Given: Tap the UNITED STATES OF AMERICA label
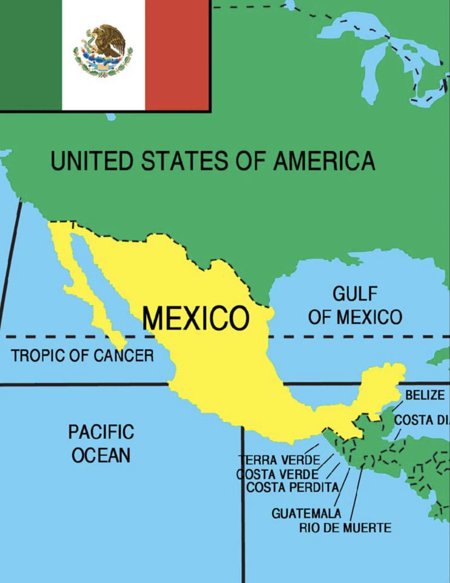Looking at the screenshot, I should pos(213,161).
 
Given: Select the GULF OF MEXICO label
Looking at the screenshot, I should pos(355,306).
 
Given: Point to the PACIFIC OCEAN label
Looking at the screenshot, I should pos(101,444).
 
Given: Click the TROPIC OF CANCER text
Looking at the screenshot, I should pos(82,355).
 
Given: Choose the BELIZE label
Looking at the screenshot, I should pos(425,395).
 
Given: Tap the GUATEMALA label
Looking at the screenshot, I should pos(306,513).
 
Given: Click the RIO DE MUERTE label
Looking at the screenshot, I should pos(345,528).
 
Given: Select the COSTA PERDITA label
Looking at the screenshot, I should pos(292,488).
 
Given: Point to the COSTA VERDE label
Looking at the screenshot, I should pos(277,474).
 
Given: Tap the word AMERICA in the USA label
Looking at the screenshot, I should pos(324,161).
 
